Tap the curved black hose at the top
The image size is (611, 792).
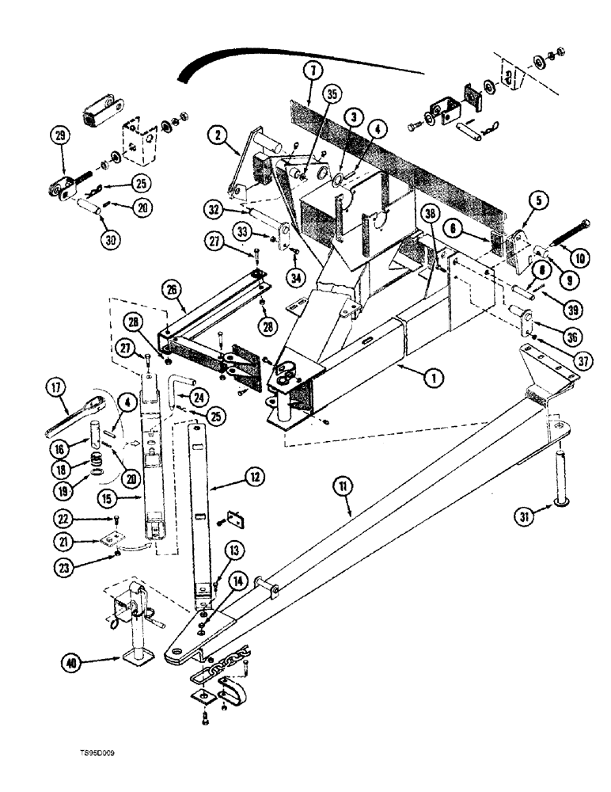pyautogui.click(x=237, y=59)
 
